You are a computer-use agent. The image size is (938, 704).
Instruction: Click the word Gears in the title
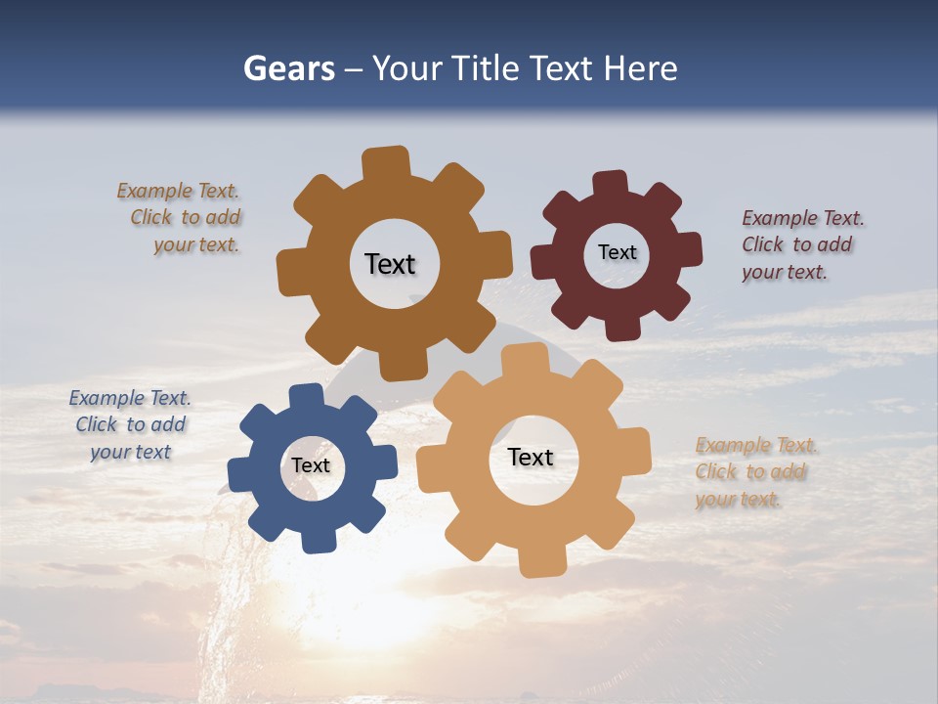coord(288,69)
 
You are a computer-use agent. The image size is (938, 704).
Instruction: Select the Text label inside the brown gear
coord(390,264)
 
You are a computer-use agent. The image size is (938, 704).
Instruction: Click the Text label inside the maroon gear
coord(617,252)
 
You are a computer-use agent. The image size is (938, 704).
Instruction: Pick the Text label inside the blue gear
coord(311,465)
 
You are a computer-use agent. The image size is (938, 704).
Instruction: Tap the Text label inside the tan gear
coord(531,457)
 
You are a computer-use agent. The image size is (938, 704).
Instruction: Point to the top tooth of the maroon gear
coord(610,183)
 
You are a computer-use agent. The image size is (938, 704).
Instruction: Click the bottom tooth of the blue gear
coord(319,541)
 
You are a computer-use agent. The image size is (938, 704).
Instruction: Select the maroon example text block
coord(802,244)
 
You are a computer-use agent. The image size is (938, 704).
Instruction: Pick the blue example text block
coord(130,424)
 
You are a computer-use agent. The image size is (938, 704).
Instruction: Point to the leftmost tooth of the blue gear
coord(239,469)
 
